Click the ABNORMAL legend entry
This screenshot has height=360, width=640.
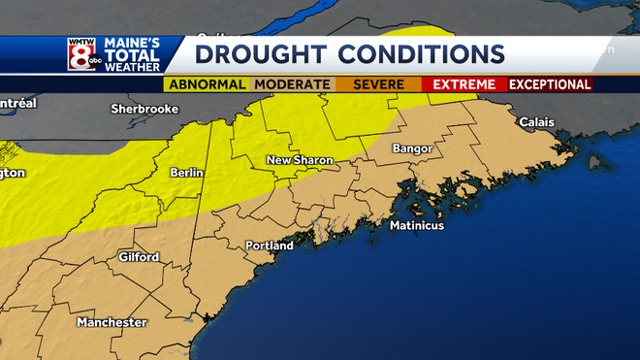(x=206, y=85)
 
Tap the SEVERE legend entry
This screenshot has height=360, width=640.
(x=378, y=85)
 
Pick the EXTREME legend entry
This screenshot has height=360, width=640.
(x=464, y=85)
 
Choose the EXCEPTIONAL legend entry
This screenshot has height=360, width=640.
(x=550, y=85)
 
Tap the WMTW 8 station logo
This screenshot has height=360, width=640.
(x=80, y=56)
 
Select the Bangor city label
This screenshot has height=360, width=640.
(x=411, y=148)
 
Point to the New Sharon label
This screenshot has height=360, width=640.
(x=301, y=159)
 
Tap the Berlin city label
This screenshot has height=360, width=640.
(x=186, y=173)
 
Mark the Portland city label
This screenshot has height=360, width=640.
(x=269, y=245)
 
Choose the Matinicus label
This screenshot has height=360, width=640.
(x=416, y=226)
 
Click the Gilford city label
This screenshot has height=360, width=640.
(x=138, y=257)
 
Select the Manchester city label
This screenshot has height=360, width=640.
(x=112, y=322)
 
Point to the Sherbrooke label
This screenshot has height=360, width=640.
(x=144, y=109)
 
